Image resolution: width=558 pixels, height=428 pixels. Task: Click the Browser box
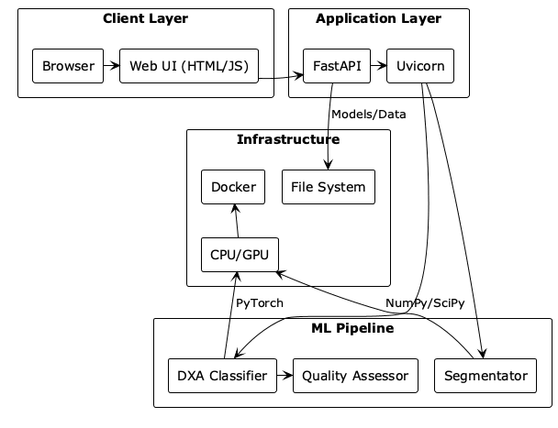pyautogui.click(x=68, y=66)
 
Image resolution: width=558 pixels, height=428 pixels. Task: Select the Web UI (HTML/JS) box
pyautogui.click(x=189, y=66)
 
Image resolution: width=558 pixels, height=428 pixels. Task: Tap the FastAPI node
pyautogui.click(x=337, y=66)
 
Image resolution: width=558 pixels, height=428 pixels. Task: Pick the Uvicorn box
pyautogui.click(x=420, y=66)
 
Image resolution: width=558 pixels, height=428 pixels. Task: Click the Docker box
pyautogui.click(x=233, y=187)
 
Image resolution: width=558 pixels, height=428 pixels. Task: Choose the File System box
pyautogui.click(x=329, y=187)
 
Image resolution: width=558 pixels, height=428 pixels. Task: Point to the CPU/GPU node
pyautogui.click(x=240, y=255)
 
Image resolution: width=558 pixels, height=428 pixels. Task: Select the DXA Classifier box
pyautogui.click(x=222, y=376)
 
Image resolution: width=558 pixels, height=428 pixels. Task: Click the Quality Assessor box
pyautogui.click(x=355, y=376)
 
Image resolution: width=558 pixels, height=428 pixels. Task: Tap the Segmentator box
pyautogui.click(x=485, y=376)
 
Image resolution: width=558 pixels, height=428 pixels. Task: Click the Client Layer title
pyautogui.click(x=146, y=18)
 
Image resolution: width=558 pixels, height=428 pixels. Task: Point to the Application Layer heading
pyautogui.click(x=379, y=18)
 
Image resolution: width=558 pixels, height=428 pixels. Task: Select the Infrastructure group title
pyautogui.click(x=288, y=139)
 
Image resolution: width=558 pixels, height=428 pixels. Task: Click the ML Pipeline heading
pyautogui.click(x=352, y=328)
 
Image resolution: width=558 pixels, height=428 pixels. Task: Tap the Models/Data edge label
pyautogui.click(x=369, y=115)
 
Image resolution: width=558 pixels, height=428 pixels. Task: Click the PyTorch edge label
pyautogui.click(x=260, y=303)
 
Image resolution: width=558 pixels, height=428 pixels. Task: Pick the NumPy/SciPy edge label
pyautogui.click(x=425, y=303)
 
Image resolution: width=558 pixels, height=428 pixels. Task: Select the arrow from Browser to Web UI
pyautogui.click(x=112, y=66)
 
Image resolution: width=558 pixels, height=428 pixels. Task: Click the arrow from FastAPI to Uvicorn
pyautogui.click(x=379, y=66)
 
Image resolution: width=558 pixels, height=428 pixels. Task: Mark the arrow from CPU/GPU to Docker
pyautogui.click(x=236, y=221)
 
